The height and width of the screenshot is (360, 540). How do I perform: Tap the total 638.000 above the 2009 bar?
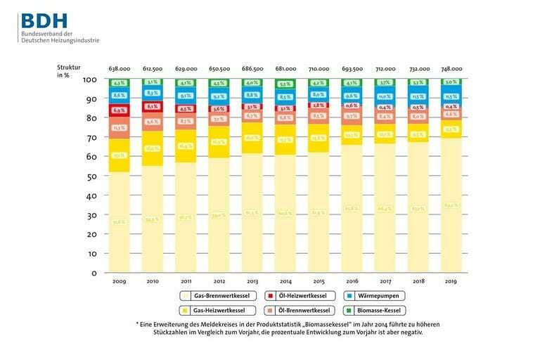118,69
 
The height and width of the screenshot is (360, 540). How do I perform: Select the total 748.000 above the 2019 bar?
451,69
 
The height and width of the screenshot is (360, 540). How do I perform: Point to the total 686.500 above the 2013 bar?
252,69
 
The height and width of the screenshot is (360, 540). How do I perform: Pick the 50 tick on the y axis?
90,176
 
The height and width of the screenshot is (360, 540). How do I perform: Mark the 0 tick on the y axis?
92,272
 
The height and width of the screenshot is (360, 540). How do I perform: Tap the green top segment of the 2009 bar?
118,84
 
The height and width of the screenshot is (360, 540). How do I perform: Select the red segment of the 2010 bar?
152,107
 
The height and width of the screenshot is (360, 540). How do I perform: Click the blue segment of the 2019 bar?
451,96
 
